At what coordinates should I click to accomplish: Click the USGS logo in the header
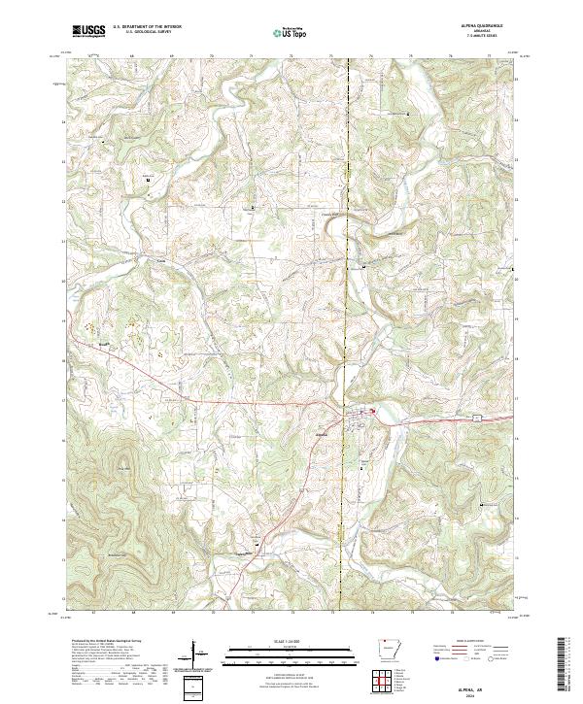(x=88, y=31)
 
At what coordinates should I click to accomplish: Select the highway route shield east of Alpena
(x=477, y=416)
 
